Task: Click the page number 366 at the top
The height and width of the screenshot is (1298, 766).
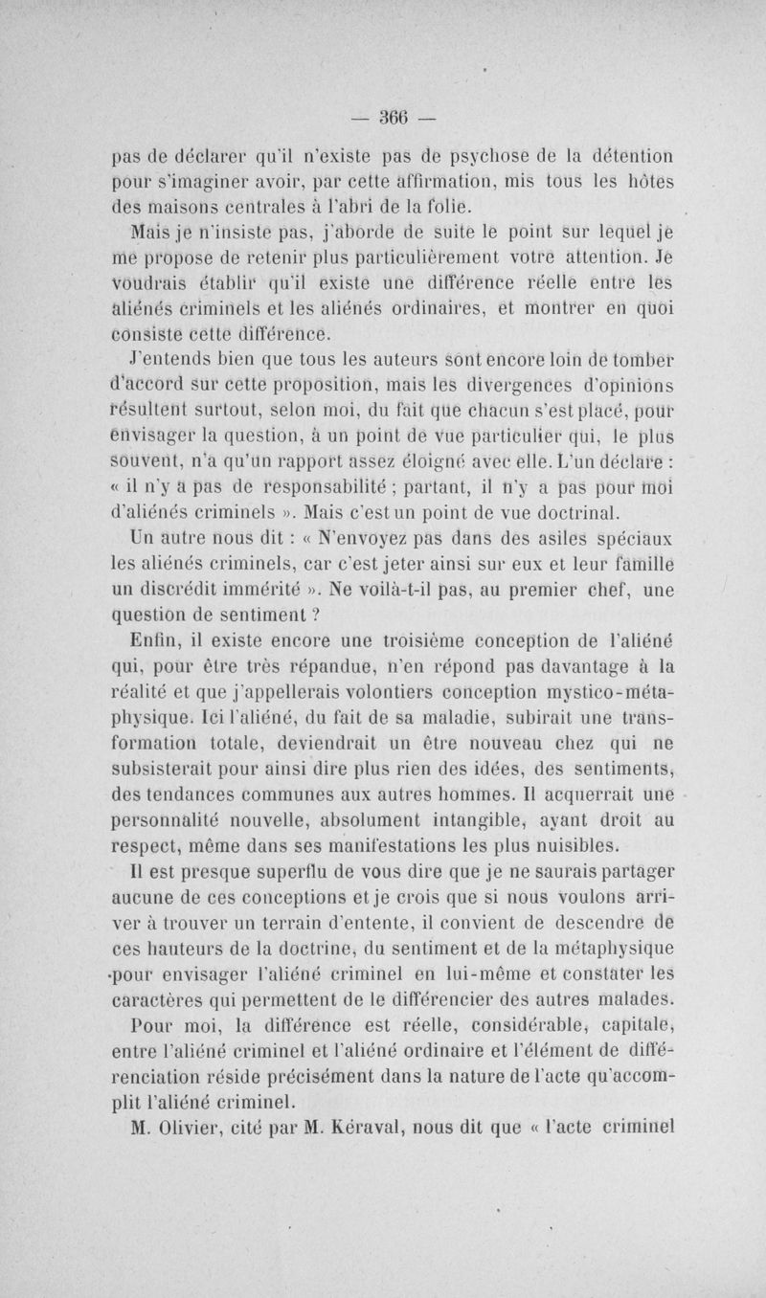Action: [x=393, y=119]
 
